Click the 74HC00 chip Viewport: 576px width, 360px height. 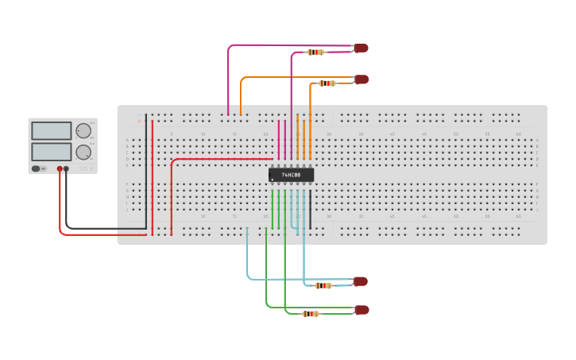pos(291,175)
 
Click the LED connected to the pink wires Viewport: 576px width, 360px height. pos(361,48)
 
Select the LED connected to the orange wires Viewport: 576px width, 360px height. pos(361,79)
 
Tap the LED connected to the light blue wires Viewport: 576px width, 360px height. pos(361,281)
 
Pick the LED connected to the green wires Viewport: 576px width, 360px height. pos(361,309)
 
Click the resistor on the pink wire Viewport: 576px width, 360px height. pos(315,52)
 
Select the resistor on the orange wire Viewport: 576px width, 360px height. pos(327,83)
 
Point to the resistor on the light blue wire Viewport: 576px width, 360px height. pos(323,285)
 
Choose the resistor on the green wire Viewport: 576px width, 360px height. pos(311,314)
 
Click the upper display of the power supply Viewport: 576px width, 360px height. pos(51,130)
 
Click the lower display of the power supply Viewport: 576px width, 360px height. pos(51,151)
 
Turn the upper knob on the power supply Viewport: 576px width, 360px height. pos(83,130)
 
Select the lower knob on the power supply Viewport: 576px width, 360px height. pos(83,151)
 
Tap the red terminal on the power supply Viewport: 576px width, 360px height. pos(60,168)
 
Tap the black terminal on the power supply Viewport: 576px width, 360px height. pos(67,168)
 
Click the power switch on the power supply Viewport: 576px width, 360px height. pos(37,168)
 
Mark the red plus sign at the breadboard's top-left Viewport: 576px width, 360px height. pos(140,121)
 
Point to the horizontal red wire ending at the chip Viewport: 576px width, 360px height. pos(222,159)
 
